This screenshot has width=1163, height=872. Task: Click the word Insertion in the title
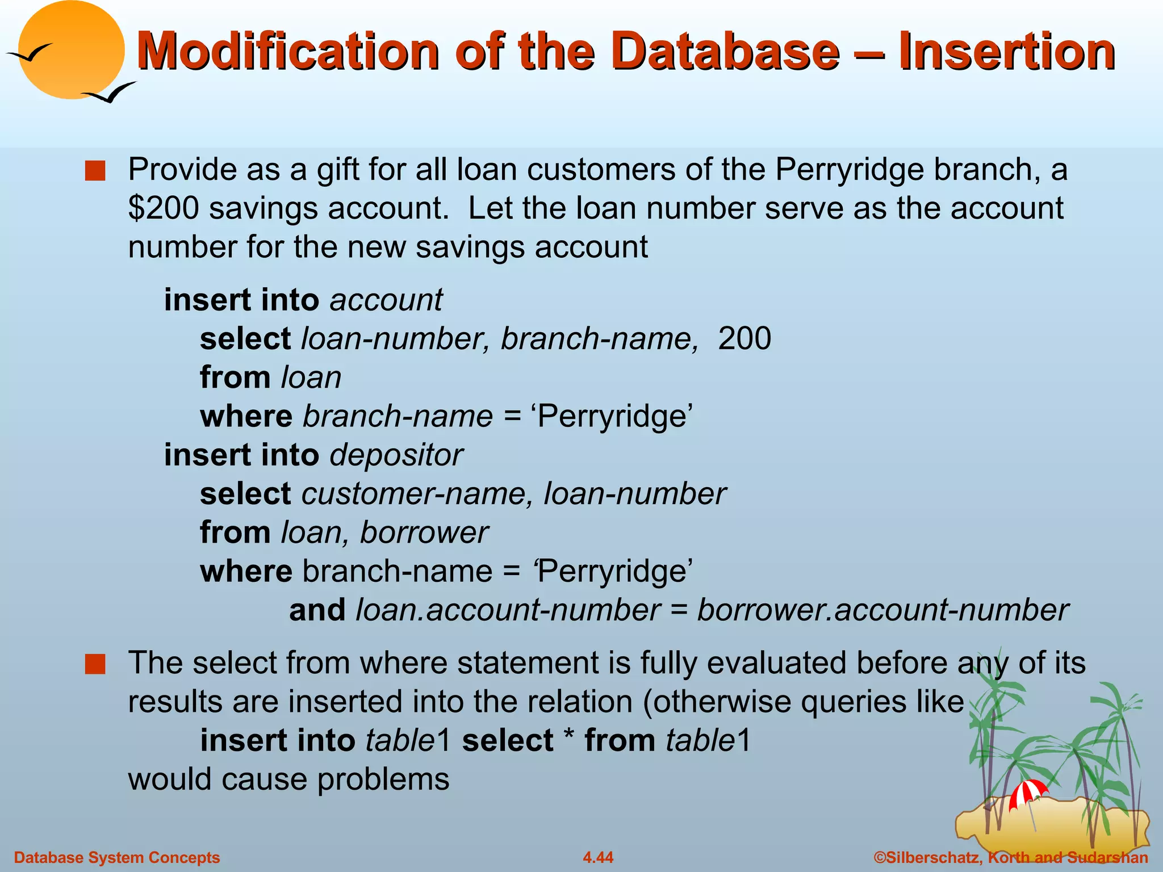coord(1006,52)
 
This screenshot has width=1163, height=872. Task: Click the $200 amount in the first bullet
coord(164,208)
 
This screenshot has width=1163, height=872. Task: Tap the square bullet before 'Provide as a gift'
coord(95,171)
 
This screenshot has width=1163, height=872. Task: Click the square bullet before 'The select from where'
coord(95,664)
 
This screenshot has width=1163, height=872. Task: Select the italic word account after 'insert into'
coord(386,300)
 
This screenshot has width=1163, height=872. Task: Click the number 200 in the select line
coord(744,339)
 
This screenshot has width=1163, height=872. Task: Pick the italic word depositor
coord(396,455)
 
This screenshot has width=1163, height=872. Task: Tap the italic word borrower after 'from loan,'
coord(424,533)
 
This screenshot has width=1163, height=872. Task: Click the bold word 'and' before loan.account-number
coord(317,610)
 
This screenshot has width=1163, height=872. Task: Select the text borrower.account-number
coord(882,610)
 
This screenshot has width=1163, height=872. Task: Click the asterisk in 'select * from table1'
coord(568,738)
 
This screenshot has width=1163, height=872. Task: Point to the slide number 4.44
coord(598,857)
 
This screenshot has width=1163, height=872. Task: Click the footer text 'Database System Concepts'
coord(117,857)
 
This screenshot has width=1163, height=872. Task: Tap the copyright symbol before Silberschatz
coord(880,857)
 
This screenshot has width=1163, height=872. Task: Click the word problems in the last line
coord(383,779)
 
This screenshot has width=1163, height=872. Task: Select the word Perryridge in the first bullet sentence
coord(850,170)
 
